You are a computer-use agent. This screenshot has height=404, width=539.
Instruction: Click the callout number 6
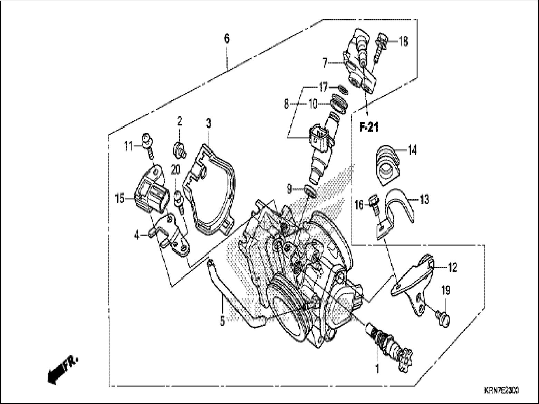227,39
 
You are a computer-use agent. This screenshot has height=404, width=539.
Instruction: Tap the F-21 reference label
369,128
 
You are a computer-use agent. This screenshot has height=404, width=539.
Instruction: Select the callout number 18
403,41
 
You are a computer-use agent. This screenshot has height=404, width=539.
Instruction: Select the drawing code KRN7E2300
501,390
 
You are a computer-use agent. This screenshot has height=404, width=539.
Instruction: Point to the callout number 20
175,170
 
